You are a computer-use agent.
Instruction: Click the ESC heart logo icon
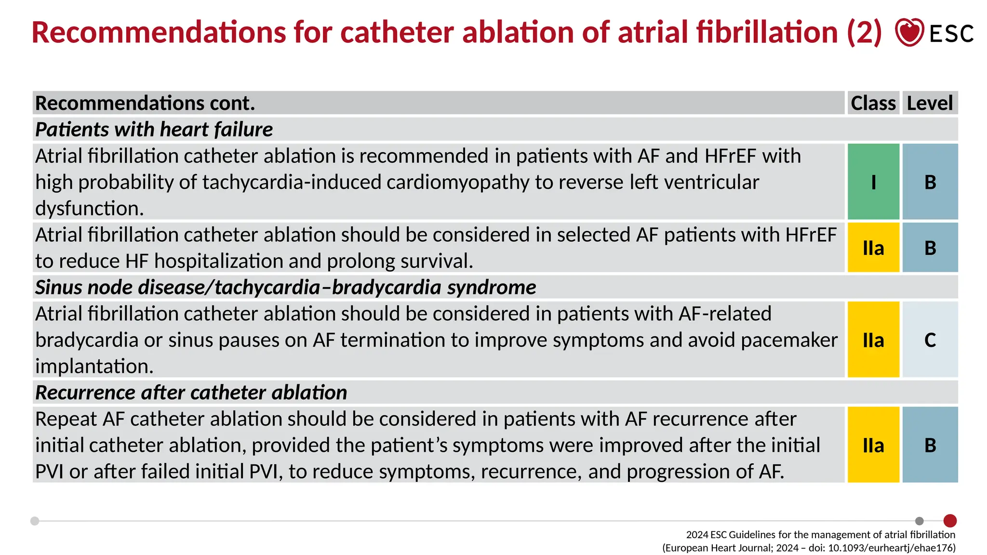(x=909, y=32)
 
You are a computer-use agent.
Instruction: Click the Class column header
(x=873, y=103)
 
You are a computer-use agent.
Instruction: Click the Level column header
(x=930, y=103)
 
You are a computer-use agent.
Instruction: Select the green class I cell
(x=873, y=182)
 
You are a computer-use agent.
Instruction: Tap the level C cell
(x=930, y=340)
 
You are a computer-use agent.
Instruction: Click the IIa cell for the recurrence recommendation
(x=873, y=445)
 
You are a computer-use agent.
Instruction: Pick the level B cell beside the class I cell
(x=930, y=182)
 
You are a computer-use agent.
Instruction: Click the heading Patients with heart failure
(x=154, y=130)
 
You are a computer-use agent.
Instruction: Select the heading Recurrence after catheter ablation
(x=191, y=393)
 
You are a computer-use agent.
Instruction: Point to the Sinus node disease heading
(x=285, y=288)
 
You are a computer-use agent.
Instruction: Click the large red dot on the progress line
(x=950, y=521)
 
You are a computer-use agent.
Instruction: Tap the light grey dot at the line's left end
(x=35, y=521)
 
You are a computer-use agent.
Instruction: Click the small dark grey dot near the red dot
(x=920, y=521)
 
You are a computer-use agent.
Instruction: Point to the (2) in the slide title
(x=864, y=32)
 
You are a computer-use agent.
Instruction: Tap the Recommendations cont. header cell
(x=145, y=103)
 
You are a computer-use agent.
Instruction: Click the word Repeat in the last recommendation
(x=66, y=419)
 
